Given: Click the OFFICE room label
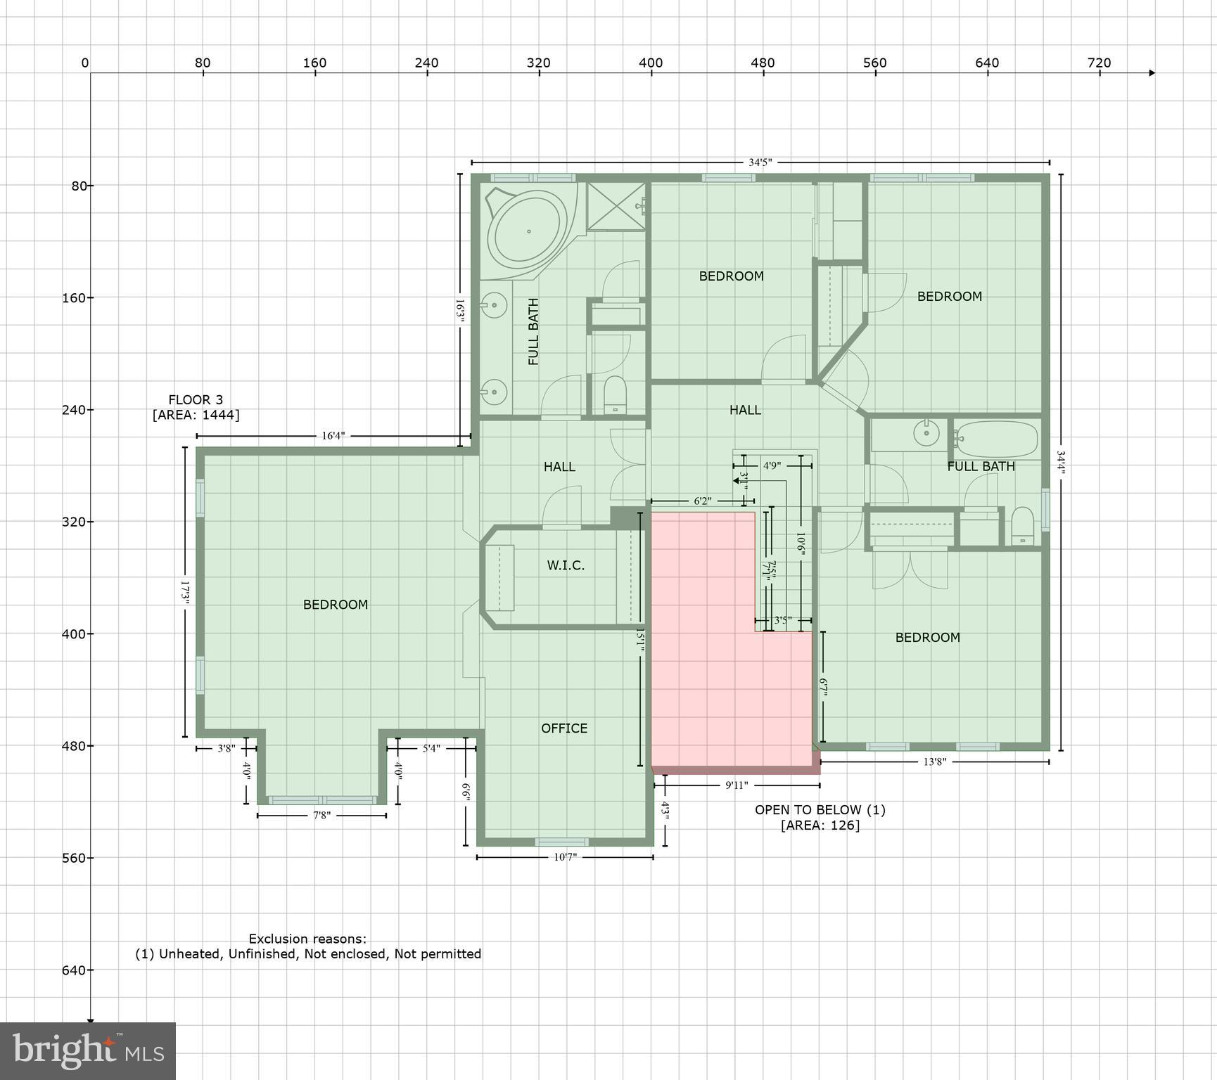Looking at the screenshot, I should (563, 728).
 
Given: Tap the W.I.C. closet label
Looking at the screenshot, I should (566, 565).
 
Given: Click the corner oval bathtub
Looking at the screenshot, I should (528, 230).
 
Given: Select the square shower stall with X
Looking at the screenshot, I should (616, 206).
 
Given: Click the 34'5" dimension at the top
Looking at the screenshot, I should (760, 162).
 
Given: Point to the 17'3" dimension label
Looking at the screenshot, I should (186, 591).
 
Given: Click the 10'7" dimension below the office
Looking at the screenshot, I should (565, 857).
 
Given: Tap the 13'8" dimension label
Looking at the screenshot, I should (934, 761).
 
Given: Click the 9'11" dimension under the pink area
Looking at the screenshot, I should (737, 785).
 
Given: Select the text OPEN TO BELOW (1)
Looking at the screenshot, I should (820, 810).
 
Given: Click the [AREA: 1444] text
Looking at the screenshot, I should (196, 415).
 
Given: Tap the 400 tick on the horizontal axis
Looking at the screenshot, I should (651, 63).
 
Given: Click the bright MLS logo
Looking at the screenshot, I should (87, 1051).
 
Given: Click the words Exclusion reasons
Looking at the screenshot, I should (307, 939).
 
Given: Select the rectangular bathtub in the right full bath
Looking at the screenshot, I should (996, 439).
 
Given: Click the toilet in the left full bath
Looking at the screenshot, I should (615, 395).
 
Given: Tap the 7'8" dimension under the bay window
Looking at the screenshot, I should (321, 816).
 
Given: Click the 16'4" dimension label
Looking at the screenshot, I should (333, 436).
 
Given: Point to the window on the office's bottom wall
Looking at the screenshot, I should (561, 842).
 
